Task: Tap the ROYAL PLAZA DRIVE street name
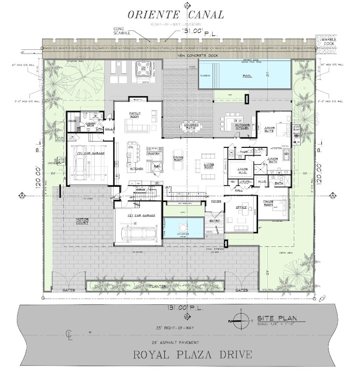192,355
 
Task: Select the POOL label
248,76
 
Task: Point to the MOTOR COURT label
83,221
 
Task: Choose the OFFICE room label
241,208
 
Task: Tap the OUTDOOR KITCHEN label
242,127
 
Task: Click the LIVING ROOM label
209,166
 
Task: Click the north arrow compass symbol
241,320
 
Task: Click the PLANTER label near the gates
157,286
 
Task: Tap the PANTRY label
154,154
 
